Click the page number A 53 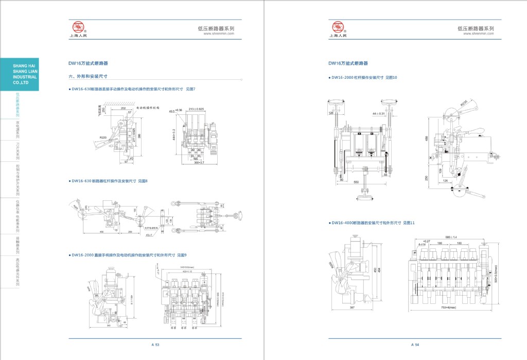click(155, 344)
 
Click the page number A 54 click(415, 344)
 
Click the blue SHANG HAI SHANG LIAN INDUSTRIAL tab click(20, 74)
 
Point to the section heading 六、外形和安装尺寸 click(88, 76)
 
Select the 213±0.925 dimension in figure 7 click(196, 109)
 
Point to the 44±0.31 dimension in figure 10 click(378, 113)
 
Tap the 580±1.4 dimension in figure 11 click(451, 237)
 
